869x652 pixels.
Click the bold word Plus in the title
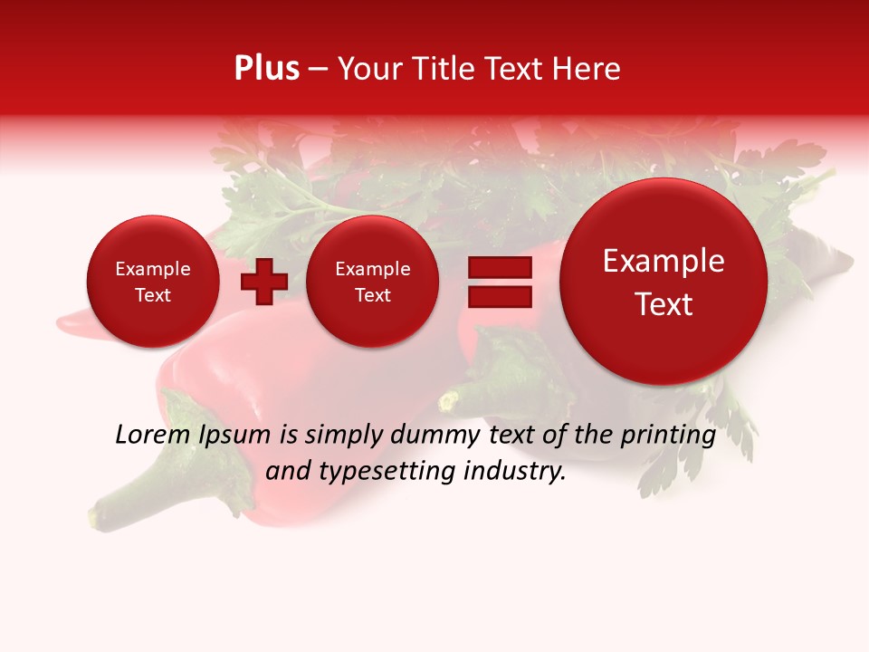(266, 69)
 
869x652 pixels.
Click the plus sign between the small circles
(263, 281)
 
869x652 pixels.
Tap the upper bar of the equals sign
(499, 267)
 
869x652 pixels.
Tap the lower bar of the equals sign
(499, 297)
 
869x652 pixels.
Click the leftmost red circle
(152, 282)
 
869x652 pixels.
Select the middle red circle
(372, 282)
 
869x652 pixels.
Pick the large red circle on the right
(664, 282)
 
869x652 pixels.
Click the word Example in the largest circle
(664, 261)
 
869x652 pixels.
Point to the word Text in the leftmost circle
(152, 295)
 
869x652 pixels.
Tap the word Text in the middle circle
(372, 295)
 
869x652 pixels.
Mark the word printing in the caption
(667, 436)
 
